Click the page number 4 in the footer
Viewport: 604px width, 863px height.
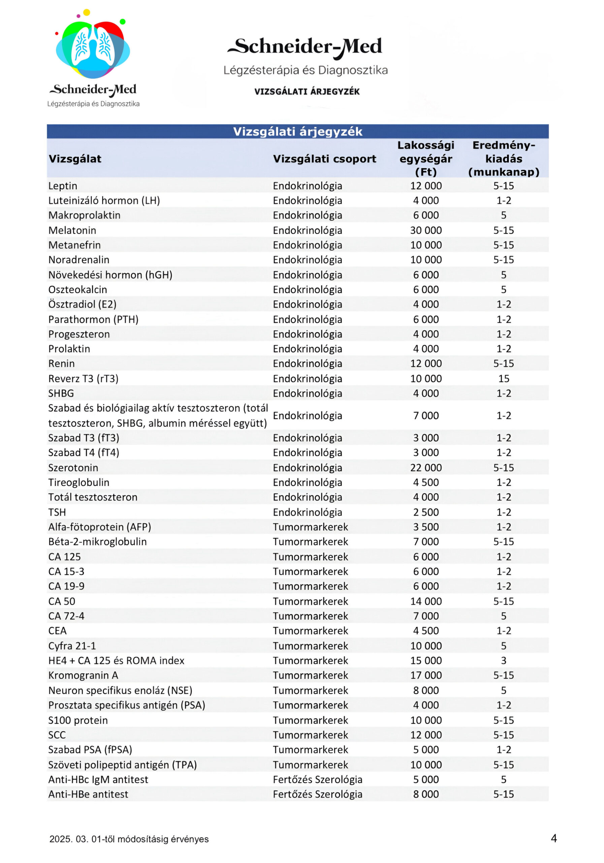(x=553, y=838)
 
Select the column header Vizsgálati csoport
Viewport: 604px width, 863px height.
(x=324, y=159)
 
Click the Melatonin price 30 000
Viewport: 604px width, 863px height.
(x=425, y=230)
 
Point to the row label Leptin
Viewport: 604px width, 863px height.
(x=63, y=186)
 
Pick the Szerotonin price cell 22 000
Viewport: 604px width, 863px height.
(x=425, y=468)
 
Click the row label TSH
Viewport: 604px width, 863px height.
(x=57, y=512)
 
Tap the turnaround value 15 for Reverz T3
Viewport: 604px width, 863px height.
(x=503, y=379)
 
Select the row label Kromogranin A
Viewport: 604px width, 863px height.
(x=83, y=675)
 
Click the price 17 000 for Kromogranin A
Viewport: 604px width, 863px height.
(x=425, y=675)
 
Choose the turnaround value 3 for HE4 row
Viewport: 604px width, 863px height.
(x=503, y=660)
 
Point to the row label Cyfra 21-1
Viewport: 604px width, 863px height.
(x=72, y=646)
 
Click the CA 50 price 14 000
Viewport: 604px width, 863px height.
(x=425, y=601)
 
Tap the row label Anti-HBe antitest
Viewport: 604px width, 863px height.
(x=88, y=794)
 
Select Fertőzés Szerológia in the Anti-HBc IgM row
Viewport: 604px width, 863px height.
(x=317, y=779)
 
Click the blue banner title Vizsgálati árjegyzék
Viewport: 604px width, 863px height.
(x=297, y=131)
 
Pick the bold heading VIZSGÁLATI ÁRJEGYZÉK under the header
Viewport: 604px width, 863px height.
(x=307, y=91)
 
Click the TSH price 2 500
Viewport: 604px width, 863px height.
(x=425, y=512)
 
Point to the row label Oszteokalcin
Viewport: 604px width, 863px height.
(x=78, y=290)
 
